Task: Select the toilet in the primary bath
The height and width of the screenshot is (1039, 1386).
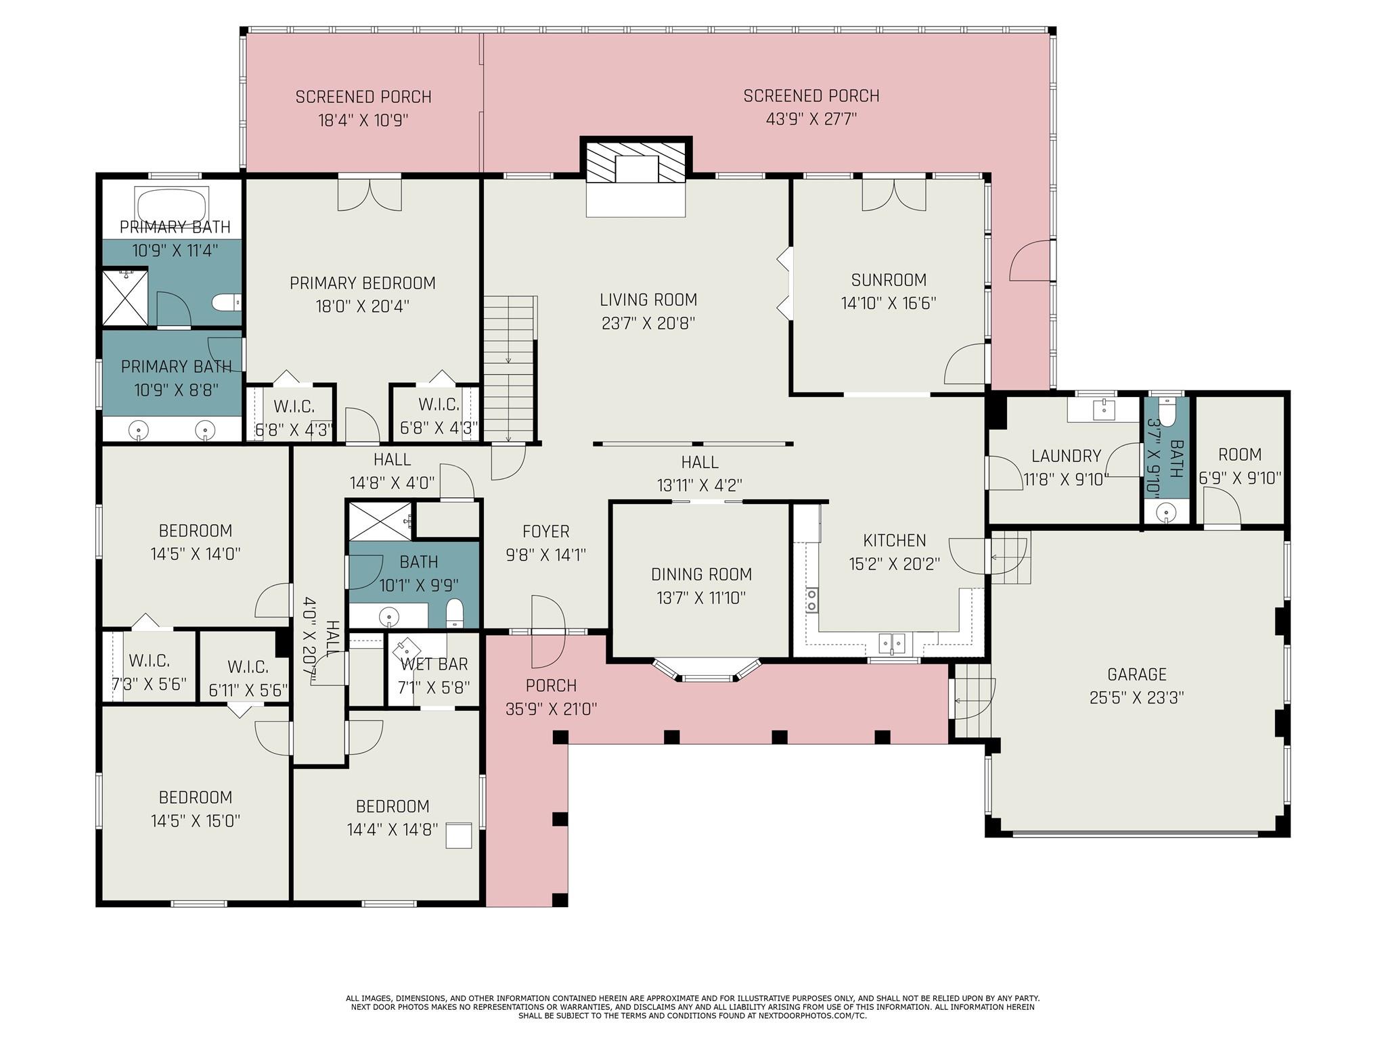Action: [x=226, y=302]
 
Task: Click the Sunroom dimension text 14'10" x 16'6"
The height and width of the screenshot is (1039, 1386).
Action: [x=889, y=303]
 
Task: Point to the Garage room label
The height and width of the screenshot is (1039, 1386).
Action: [x=1136, y=674]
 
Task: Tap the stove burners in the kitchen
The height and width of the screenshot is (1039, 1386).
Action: [x=811, y=601]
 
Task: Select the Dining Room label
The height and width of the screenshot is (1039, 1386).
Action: [x=701, y=574]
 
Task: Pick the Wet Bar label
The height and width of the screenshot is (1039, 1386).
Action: [x=434, y=664]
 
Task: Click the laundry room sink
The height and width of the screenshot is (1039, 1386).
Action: [x=1104, y=408]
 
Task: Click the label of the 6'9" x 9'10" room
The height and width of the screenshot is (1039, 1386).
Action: [x=1240, y=455]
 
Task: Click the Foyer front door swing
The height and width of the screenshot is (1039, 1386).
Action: [x=548, y=631]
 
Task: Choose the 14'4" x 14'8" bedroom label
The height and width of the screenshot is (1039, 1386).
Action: [x=393, y=806]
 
